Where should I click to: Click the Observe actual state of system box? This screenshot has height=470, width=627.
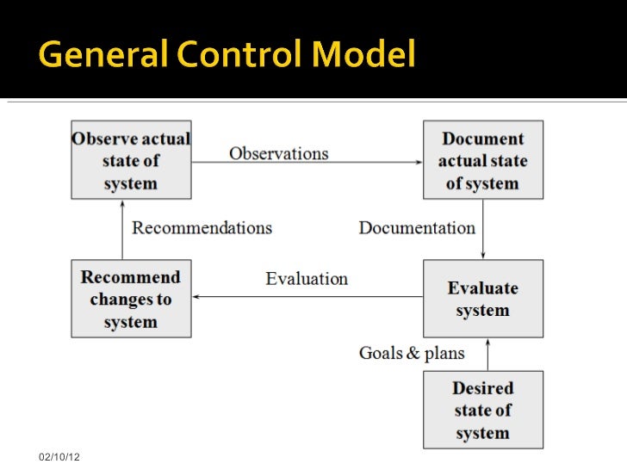tap(131, 161)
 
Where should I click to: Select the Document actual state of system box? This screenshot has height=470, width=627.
tap(482, 161)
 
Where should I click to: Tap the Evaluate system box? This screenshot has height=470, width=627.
tap(482, 299)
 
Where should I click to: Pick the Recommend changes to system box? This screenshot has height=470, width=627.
tap(131, 299)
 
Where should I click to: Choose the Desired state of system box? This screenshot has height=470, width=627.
tap(482, 410)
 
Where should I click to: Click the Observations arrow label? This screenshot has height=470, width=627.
tap(278, 153)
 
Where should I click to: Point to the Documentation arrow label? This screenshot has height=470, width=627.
tap(417, 228)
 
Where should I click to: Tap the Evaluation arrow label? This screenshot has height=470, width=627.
tap(307, 279)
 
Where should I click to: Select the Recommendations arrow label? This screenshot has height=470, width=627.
tap(202, 228)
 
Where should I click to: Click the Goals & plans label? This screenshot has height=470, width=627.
tap(412, 353)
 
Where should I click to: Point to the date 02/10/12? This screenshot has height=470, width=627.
tap(59, 455)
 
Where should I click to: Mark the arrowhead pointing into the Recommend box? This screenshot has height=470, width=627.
tap(196, 297)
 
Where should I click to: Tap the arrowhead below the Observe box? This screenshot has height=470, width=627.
tap(122, 204)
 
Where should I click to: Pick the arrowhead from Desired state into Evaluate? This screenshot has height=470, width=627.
tap(488, 342)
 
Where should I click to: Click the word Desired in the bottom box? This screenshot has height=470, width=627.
tap(482, 388)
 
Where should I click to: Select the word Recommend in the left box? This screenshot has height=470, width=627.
tap(131, 277)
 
